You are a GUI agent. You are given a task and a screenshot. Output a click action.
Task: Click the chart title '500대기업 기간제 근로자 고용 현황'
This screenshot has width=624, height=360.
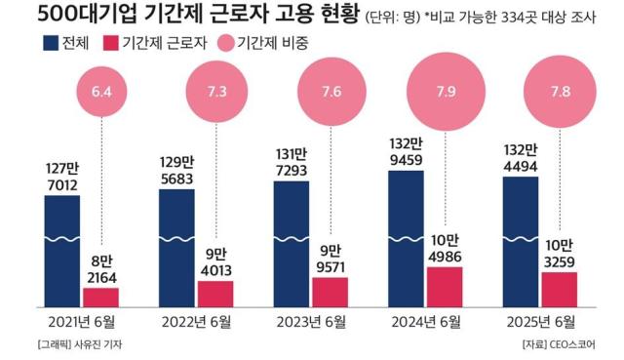184,17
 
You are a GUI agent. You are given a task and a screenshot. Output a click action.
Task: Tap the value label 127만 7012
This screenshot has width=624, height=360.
62,176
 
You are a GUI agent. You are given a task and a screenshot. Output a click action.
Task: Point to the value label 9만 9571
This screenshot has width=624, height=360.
331,257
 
